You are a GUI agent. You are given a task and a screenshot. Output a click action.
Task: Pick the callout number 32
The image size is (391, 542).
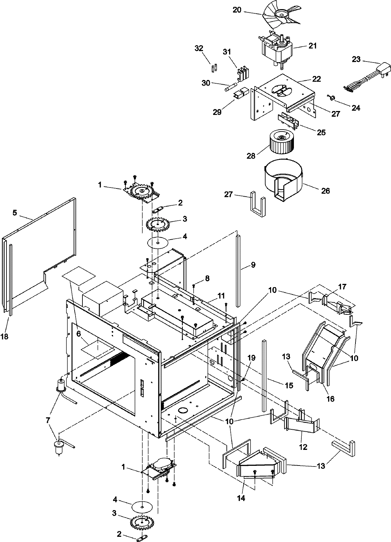199,49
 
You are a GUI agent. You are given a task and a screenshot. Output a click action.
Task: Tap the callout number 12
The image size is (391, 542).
303,447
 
